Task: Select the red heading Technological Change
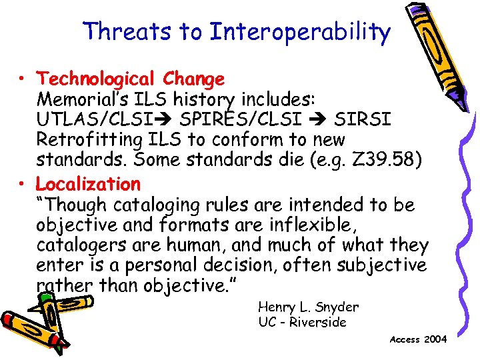[x=131, y=79]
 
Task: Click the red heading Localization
[x=88, y=183]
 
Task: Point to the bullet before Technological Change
[x=23, y=80]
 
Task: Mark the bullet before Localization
[x=23, y=184]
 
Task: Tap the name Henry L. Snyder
[x=308, y=307]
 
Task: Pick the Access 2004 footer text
[x=418, y=339]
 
